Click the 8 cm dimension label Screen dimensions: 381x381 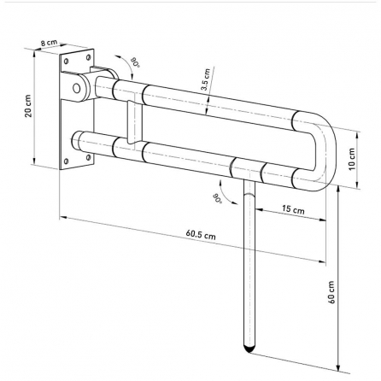(49, 43)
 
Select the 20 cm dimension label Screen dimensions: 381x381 (29, 106)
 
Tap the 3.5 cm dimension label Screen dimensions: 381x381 (205, 79)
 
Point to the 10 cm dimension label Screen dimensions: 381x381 (352, 159)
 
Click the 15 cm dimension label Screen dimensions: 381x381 (293, 209)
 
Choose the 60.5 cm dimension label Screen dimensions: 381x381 (201, 235)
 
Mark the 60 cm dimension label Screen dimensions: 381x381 (331, 292)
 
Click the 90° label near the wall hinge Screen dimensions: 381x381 (135, 62)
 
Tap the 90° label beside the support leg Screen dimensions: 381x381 (217, 198)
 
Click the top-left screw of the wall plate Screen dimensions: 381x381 (67, 61)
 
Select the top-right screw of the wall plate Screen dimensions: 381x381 (89, 57)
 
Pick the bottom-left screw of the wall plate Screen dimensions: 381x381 (67, 161)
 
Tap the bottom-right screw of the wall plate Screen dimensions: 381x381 (89, 156)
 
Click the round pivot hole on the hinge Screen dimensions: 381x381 (76, 88)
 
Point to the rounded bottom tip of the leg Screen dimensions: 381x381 (249, 349)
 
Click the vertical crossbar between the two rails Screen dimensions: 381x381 (134, 122)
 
